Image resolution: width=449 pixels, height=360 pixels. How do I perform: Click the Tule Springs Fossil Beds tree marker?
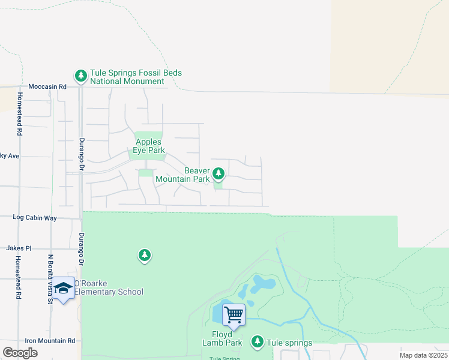[x=80, y=76]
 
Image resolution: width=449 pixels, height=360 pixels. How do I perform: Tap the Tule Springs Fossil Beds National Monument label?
[x=136, y=77]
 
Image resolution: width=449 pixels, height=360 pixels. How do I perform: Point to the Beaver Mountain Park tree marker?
[x=219, y=173]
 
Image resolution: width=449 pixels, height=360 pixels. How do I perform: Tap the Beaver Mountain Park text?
[x=182, y=175]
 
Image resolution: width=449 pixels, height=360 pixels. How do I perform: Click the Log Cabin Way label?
[x=34, y=218]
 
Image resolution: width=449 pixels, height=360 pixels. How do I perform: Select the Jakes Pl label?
[x=19, y=248]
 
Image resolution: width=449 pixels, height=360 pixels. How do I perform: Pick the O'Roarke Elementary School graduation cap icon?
[x=63, y=289]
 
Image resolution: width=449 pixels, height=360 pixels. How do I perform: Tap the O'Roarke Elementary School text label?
[x=109, y=287]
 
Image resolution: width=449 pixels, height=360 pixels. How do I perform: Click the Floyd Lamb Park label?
[x=226, y=338]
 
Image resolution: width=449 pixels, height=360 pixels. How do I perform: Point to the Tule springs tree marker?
[x=258, y=341]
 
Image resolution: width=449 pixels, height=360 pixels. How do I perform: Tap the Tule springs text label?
[x=289, y=343]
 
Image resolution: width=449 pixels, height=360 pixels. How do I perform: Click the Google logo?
[x=20, y=353]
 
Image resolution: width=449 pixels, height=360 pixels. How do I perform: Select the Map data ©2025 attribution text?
[x=423, y=355]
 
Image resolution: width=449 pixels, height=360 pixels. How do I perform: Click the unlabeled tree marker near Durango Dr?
[x=144, y=256]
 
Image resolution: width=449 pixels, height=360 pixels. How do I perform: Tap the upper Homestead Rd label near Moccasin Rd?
[x=20, y=113]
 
